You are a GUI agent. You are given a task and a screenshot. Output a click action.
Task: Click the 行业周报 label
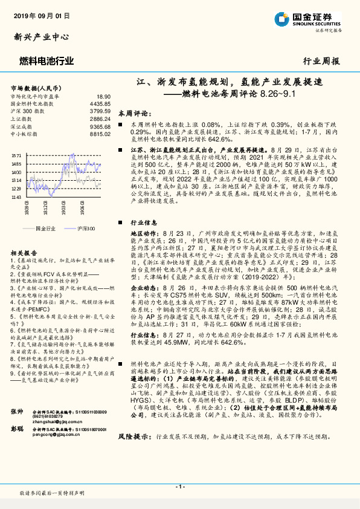coord(321,61)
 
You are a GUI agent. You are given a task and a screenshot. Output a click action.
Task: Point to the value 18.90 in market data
coord(103,96)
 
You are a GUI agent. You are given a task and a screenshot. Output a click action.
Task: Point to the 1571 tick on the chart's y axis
coord(16,155)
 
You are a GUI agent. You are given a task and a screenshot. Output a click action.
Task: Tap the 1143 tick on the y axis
coord(16,196)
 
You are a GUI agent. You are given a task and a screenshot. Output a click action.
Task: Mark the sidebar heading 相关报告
coord(25,253)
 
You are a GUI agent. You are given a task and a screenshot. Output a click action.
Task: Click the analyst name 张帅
coord(16,411)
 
